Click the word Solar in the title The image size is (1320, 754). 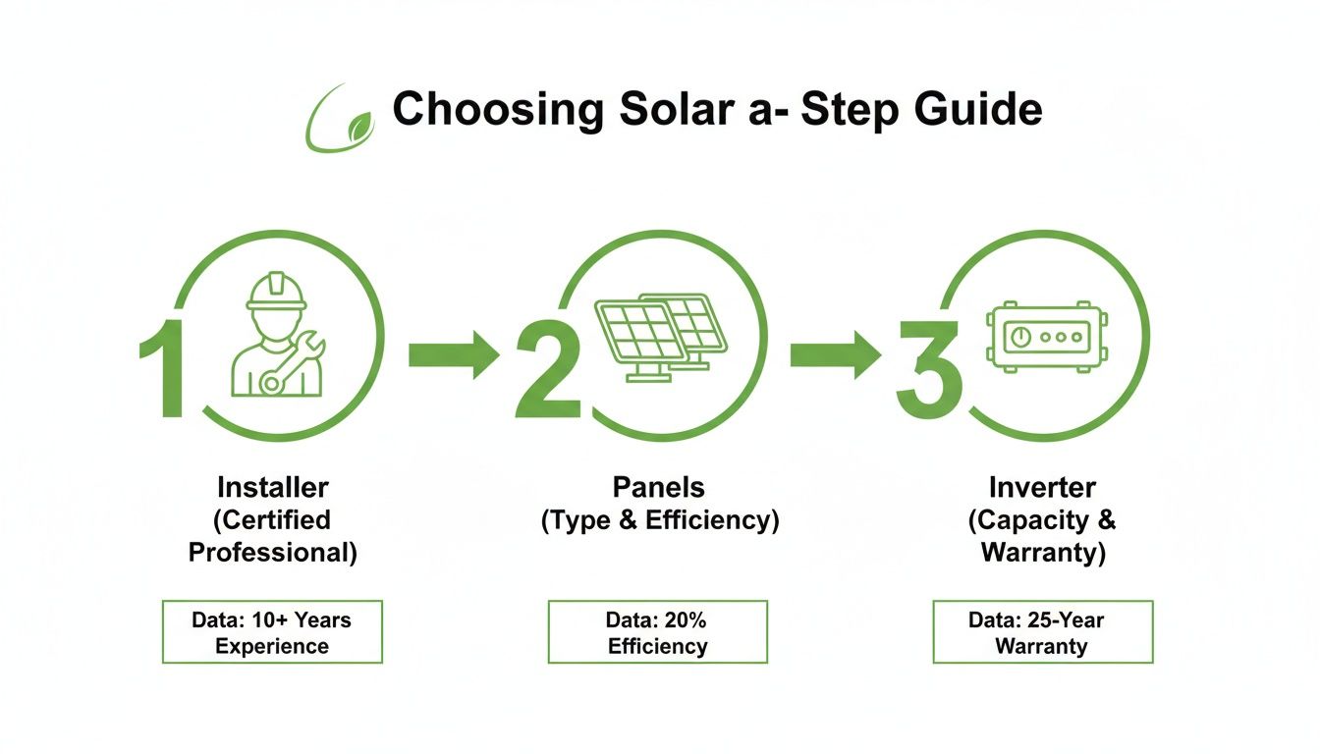pos(668,110)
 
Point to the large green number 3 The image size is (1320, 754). pos(928,374)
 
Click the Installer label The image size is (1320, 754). pos(272,487)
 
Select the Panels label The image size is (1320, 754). pos(659,487)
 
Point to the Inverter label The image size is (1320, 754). pos(1042,487)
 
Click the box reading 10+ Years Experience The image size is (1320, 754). pos(272,633)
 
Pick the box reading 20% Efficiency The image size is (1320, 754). pos(658,633)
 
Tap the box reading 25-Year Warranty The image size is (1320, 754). pos(1042,633)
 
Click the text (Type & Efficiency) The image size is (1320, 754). pos(659,520)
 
